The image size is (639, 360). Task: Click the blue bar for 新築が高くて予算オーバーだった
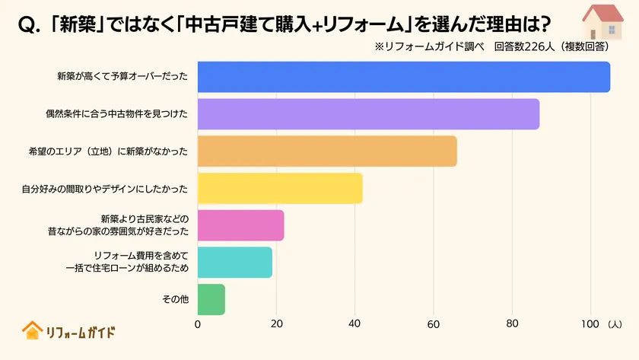pyautogui.click(x=403, y=77)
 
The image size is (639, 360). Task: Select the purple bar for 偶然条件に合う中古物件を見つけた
pyautogui.click(x=368, y=114)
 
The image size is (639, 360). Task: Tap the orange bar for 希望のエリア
pyautogui.click(x=327, y=151)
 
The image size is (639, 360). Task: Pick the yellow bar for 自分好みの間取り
pyautogui.click(x=280, y=188)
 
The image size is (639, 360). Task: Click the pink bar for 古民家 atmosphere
pyautogui.click(x=240, y=225)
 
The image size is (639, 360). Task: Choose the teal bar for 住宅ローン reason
pyautogui.click(x=234, y=262)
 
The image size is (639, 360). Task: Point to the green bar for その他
pyautogui.click(x=211, y=299)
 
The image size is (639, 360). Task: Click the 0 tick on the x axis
pyautogui.click(x=198, y=324)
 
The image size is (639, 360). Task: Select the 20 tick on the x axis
pyautogui.click(x=276, y=324)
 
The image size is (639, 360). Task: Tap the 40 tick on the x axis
pyautogui.click(x=354, y=324)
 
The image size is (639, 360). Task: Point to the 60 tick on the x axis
pyautogui.click(x=434, y=324)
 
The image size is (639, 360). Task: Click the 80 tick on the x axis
pyautogui.click(x=512, y=324)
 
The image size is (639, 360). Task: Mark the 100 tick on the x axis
pyautogui.click(x=590, y=324)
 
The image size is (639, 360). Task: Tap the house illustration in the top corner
pyautogui.click(x=602, y=22)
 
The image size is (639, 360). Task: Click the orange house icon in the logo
pyautogui.click(x=32, y=330)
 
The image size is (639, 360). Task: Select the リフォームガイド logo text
pyautogui.click(x=80, y=332)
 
